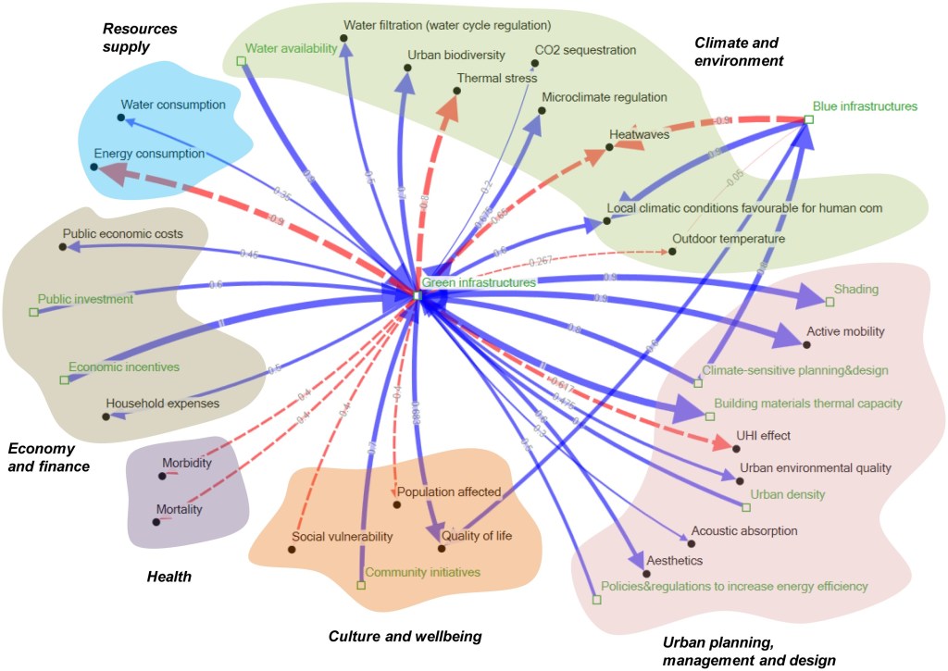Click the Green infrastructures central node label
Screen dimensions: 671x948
click(479, 282)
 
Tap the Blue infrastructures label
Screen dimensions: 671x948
click(865, 106)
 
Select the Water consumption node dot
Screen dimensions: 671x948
click(121, 118)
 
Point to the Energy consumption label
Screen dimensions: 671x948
click(149, 154)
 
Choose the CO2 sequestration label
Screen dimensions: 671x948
click(585, 50)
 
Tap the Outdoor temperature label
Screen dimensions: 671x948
click(729, 239)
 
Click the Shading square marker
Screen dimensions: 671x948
click(829, 302)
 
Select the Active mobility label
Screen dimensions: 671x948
click(845, 330)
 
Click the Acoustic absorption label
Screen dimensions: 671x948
click(743, 531)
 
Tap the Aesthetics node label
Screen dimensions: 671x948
click(674, 561)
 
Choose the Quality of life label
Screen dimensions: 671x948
click(477, 535)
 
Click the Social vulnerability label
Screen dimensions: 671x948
click(343, 537)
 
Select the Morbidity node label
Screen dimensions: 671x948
click(187, 462)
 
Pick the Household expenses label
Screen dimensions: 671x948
click(162, 404)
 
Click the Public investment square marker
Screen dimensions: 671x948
click(33, 313)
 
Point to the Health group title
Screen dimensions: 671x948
click(169, 577)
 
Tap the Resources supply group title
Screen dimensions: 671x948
click(139, 37)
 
